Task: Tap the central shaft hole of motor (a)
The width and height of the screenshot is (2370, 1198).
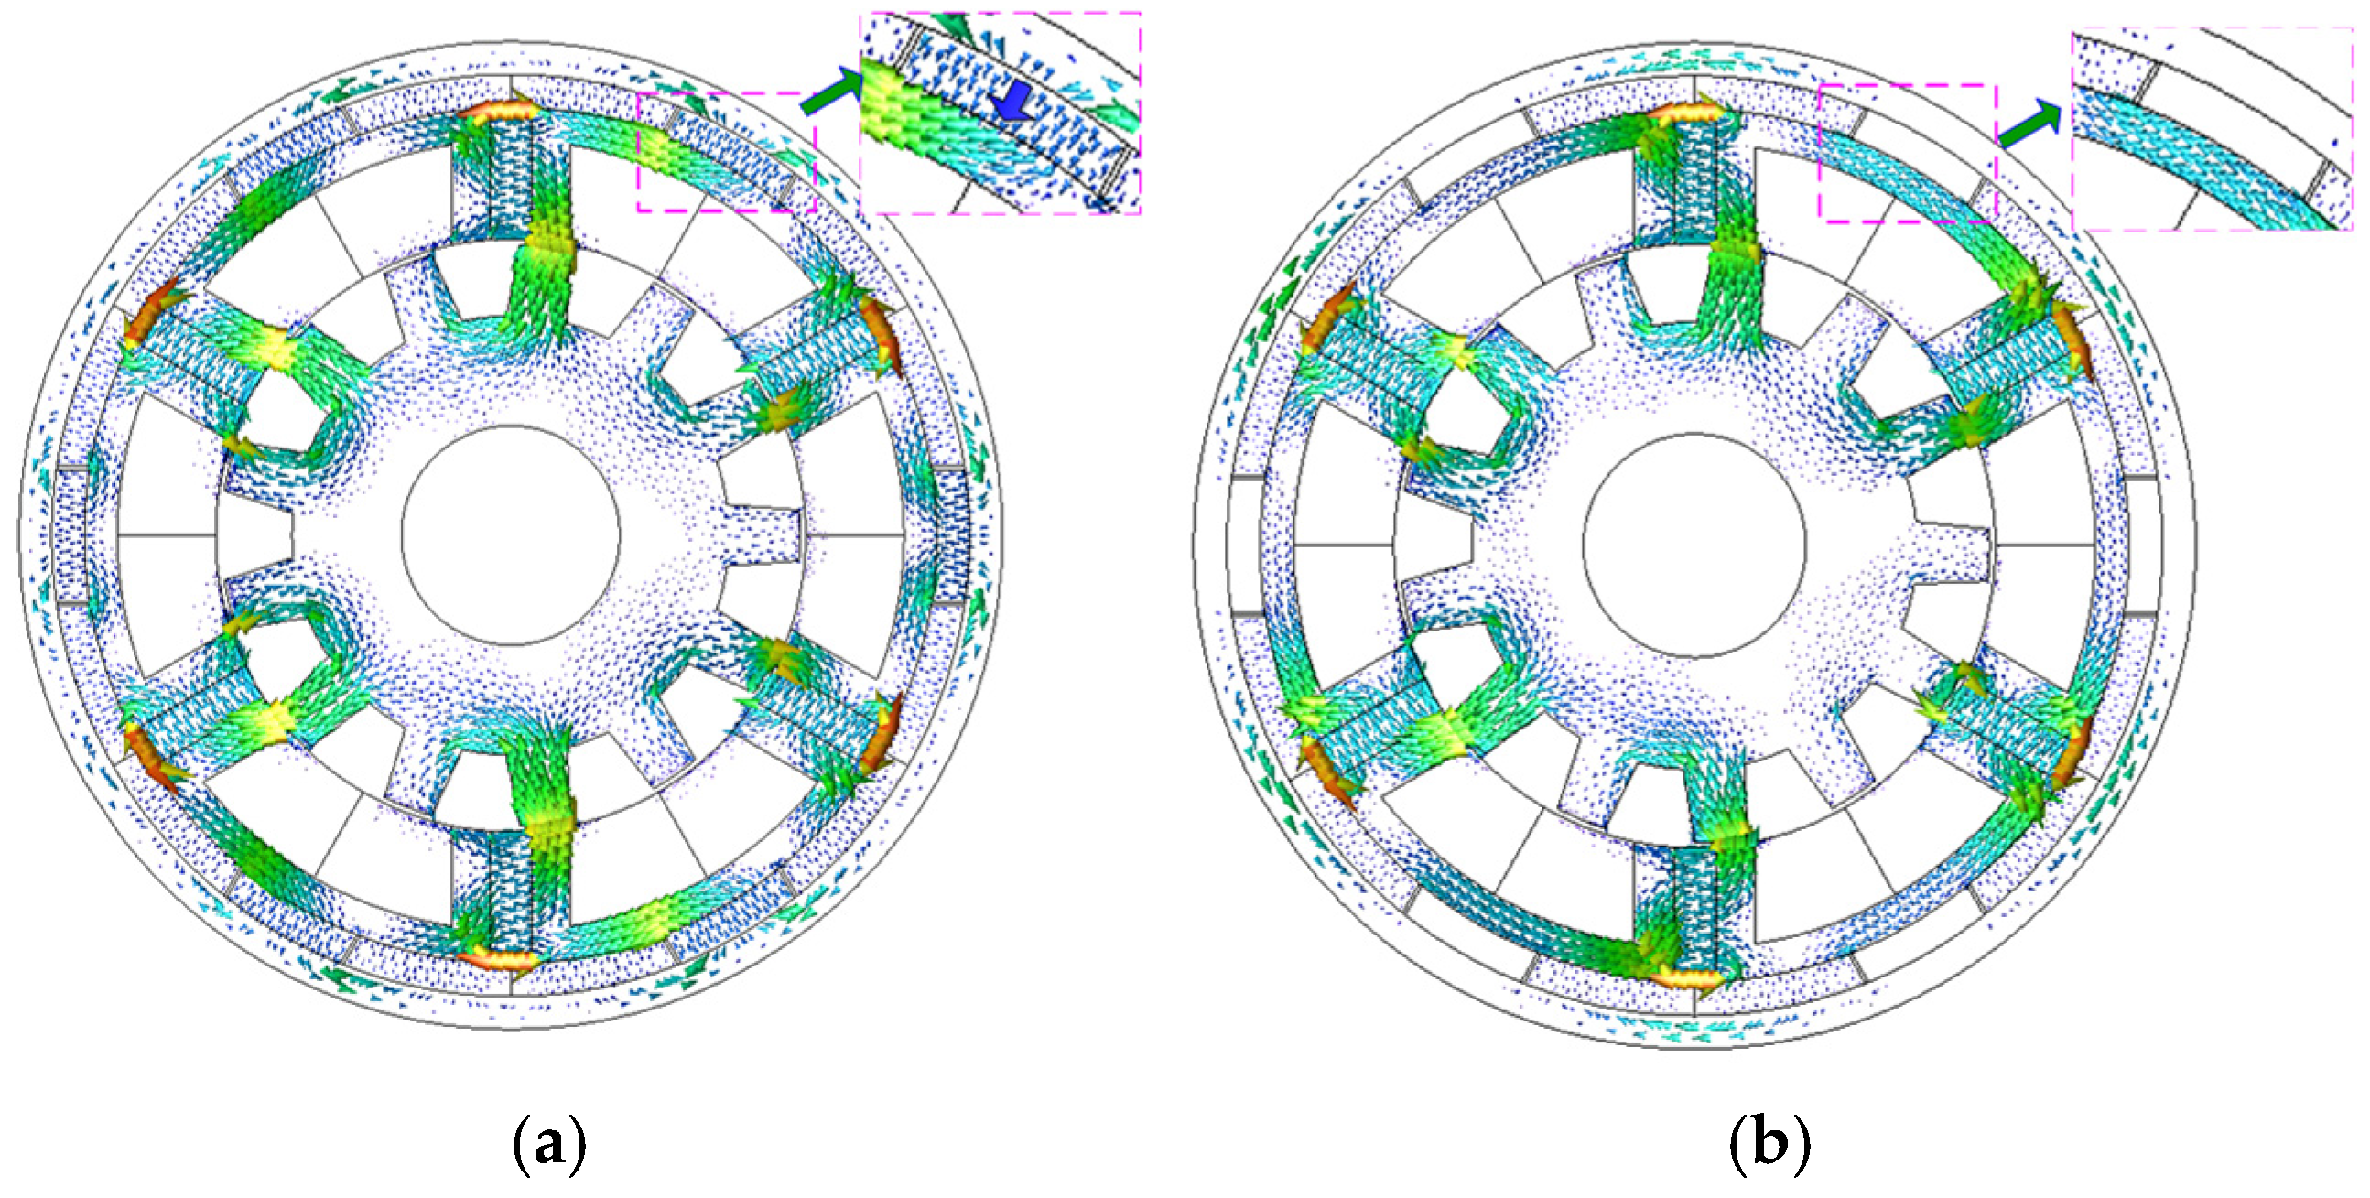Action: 512,535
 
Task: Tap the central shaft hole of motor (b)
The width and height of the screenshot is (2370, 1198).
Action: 1694,545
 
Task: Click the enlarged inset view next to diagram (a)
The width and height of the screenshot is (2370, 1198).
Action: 1001,113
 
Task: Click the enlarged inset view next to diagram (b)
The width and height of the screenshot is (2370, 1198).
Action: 2212,130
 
